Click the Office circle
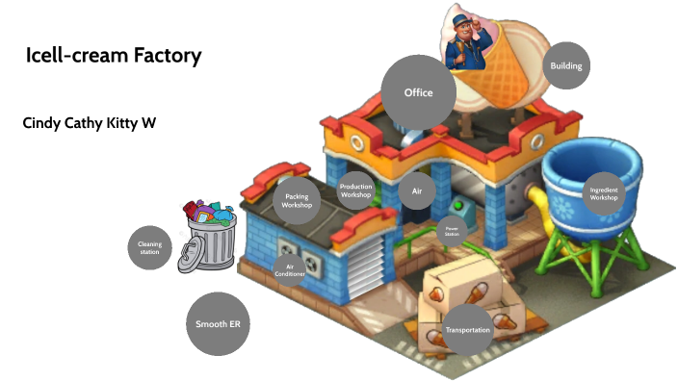(418, 92)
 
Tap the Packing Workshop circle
(297, 201)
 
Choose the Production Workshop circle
(355, 190)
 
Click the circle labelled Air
(417, 190)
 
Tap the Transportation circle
(468, 330)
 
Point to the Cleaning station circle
(149, 249)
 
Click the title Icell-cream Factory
(114, 56)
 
